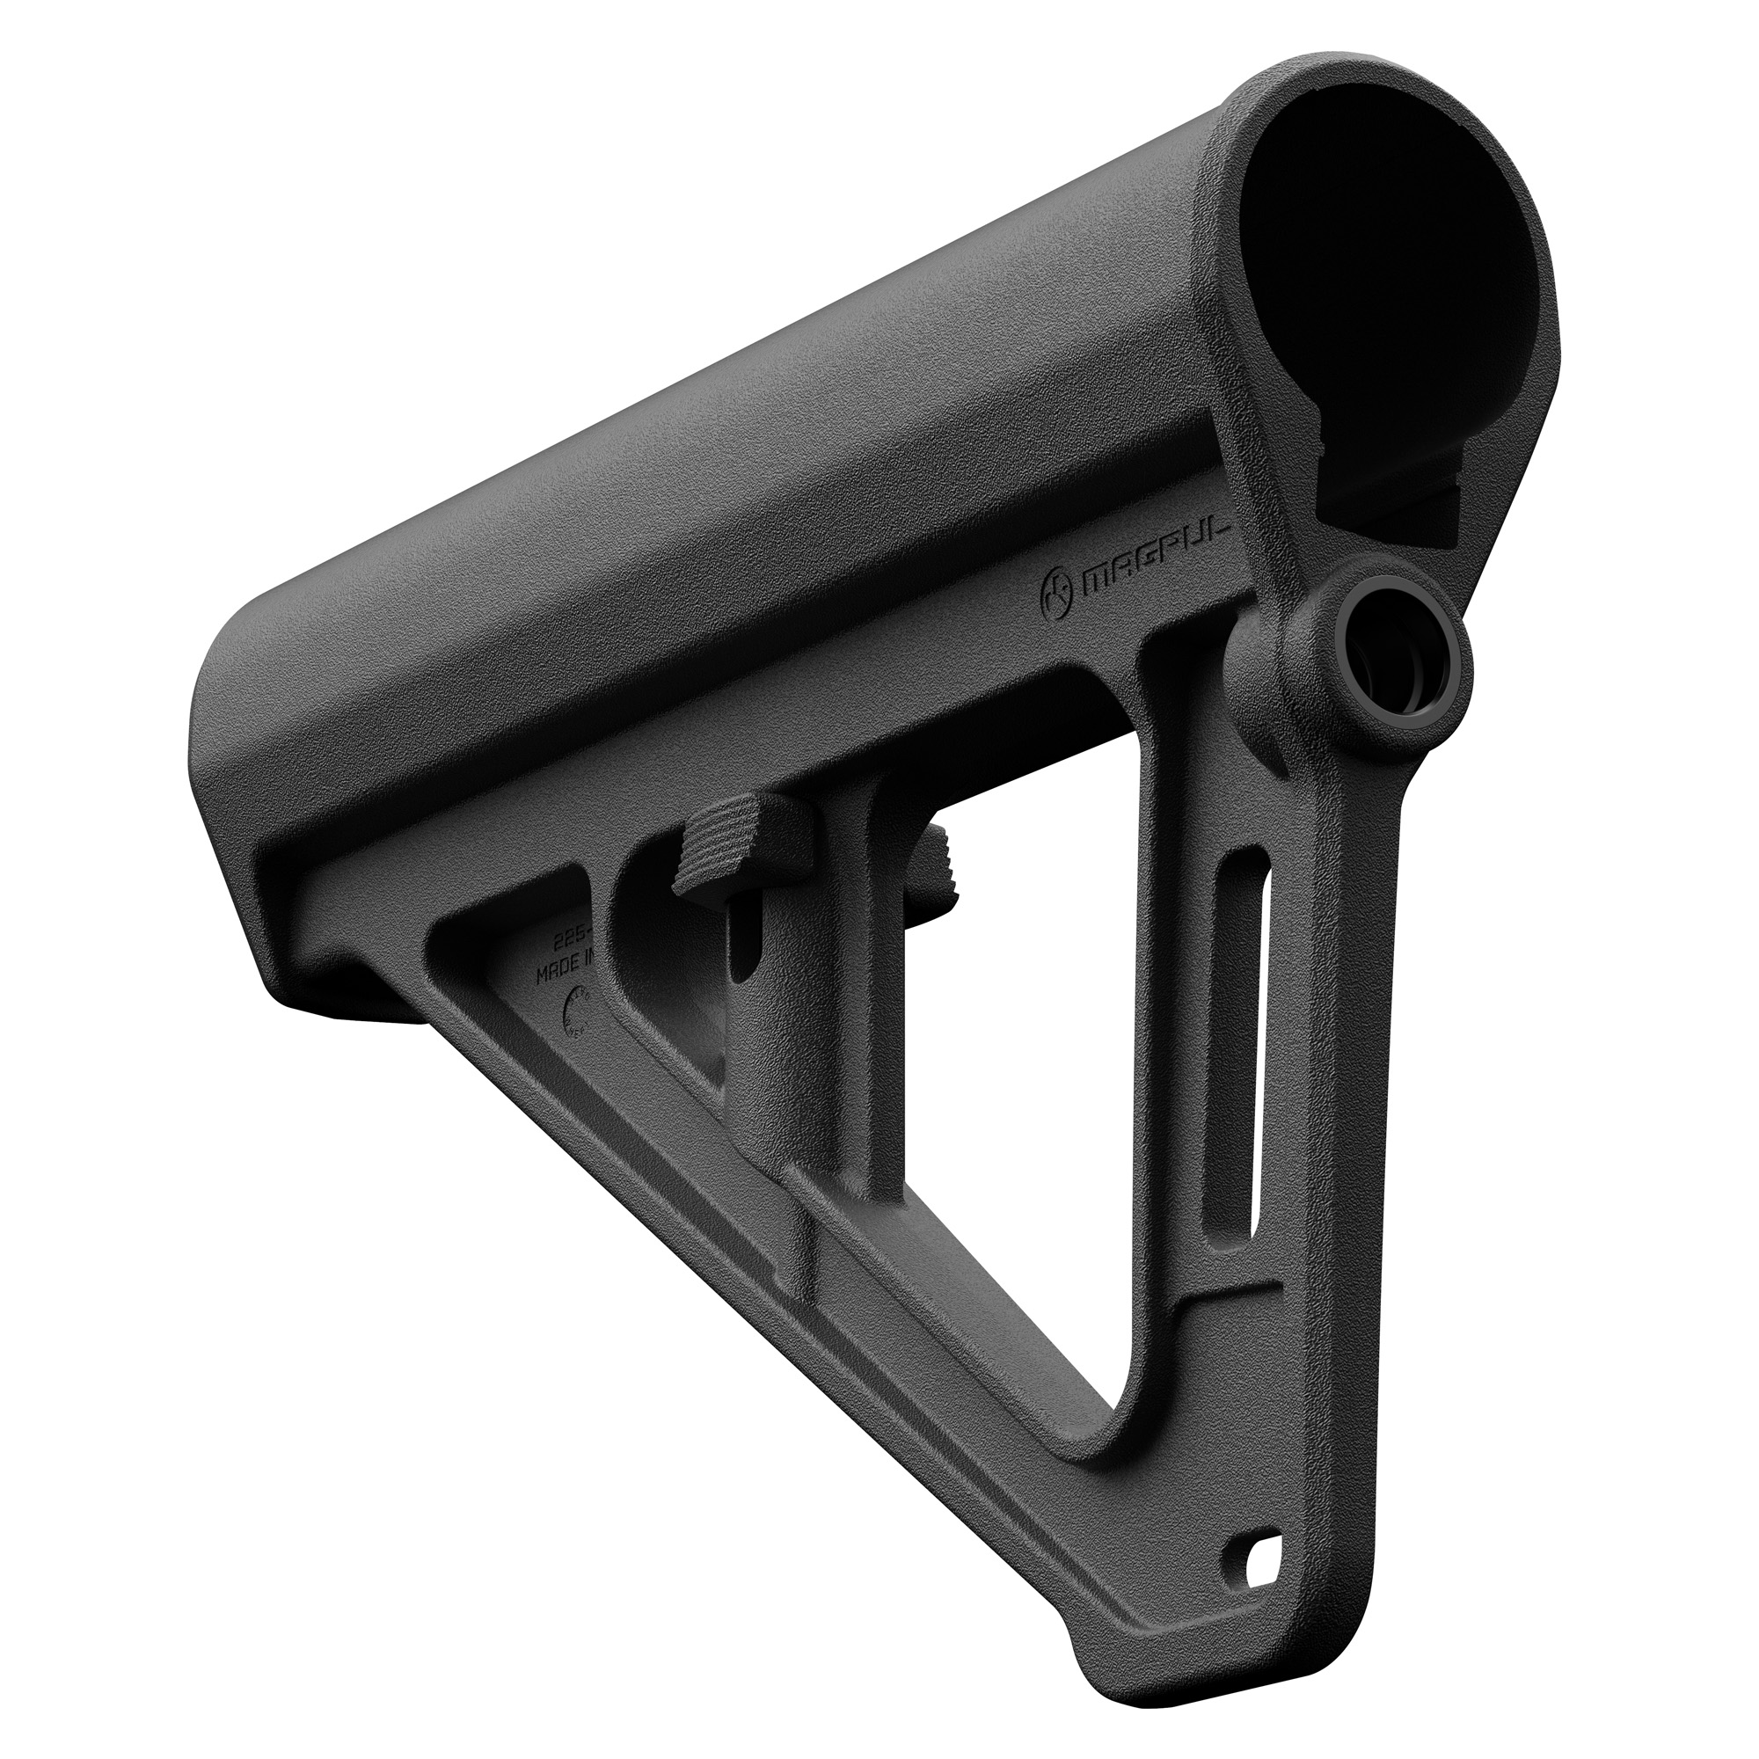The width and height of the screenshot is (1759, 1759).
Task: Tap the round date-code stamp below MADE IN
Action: point(577,1011)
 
